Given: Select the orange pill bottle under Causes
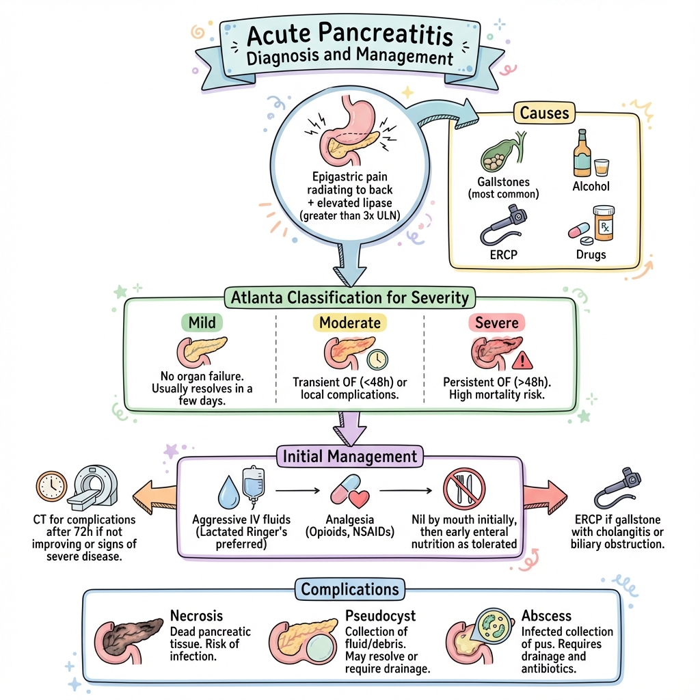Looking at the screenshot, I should [x=603, y=224].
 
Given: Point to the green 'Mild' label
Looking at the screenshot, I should [x=202, y=322].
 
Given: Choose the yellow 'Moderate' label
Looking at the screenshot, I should [x=349, y=322].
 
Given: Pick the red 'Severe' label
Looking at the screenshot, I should [x=496, y=322].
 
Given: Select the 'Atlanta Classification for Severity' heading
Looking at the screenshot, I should [x=349, y=297].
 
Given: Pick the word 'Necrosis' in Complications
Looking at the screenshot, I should [x=196, y=616].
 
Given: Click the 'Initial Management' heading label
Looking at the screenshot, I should [x=349, y=455].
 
